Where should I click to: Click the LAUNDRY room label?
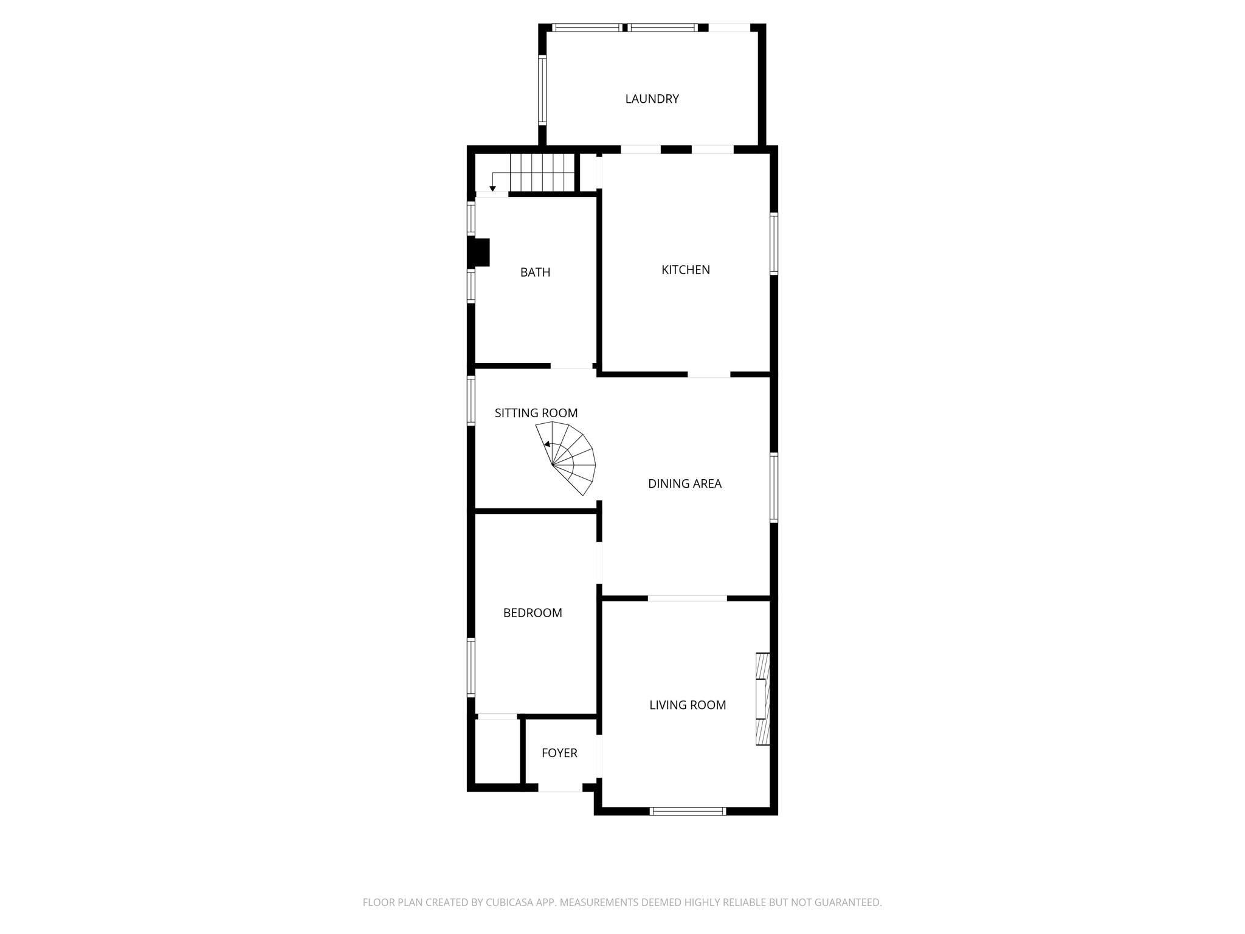pos(652,99)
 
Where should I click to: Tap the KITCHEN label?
pos(685,270)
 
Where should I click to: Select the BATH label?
pos(535,272)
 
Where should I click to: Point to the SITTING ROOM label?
pos(536,413)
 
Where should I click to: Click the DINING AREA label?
pos(685,484)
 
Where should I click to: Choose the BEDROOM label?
pos(533,613)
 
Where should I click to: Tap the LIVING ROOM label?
pos(688,705)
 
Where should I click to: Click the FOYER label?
pos(559,753)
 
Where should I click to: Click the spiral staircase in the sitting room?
pos(568,459)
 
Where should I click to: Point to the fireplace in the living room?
pos(762,699)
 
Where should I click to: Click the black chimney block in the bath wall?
pos(479,252)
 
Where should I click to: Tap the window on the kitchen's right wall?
pos(774,243)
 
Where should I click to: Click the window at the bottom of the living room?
pos(688,811)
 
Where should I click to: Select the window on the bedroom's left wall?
pos(471,666)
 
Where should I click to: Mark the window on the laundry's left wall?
pos(542,90)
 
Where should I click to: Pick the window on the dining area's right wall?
pos(774,487)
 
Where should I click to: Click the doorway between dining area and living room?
pos(687,599)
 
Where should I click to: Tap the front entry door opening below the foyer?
pos(560,788)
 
